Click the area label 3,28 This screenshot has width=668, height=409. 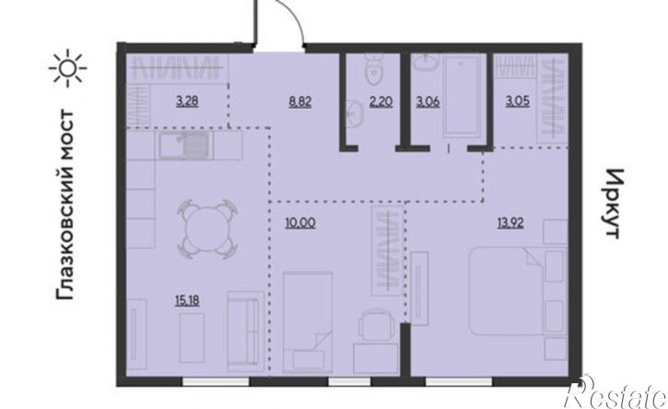[x=187, y=102]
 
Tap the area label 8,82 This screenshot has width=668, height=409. [x=300, y=102]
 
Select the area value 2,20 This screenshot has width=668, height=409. [x=381, y=102]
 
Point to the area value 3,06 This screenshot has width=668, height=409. [x=428, y=102]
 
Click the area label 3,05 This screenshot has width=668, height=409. [x=518, y=102]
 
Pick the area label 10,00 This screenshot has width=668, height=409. [x=300, y=223]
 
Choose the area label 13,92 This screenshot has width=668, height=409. [x=510, y=223]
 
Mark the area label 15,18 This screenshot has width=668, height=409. [x=187, y=301]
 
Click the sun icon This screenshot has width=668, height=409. [x=68, y=68]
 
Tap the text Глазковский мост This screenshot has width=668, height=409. [x=65, y=204]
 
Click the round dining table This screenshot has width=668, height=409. [x=207, y=229]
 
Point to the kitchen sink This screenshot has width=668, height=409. [x=186, y=146]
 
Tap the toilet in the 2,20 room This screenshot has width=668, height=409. [x=375, y=69]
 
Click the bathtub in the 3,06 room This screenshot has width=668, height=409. [x=463, y=96]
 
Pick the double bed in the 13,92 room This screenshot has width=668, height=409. [x=507, y=291]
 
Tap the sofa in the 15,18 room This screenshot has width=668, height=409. [x=246, y=331]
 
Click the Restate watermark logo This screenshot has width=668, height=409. [x=616, y=392]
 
